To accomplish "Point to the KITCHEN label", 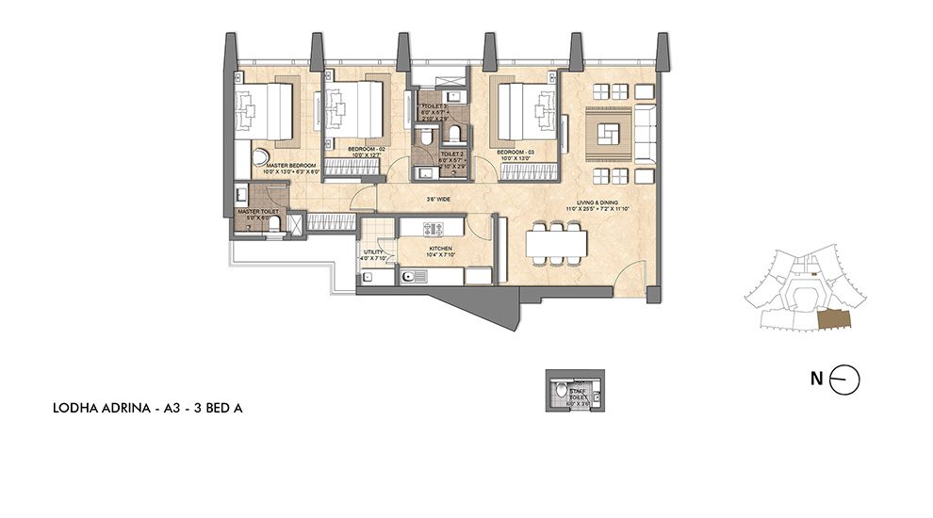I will coord(440,248).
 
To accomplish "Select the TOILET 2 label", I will coord(452,154).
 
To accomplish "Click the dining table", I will coord(554,243).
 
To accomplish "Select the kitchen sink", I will coord(413,275).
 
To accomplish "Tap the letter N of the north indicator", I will coord(816,380).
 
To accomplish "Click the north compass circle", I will coord(847,380).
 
